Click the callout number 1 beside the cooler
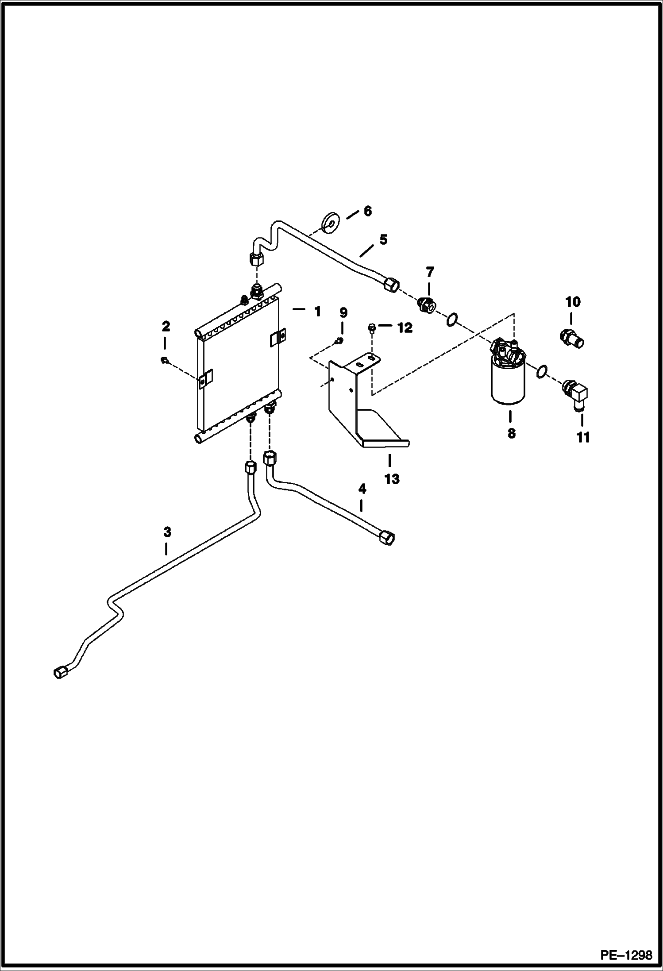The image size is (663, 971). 317,312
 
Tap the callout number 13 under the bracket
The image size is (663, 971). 392,478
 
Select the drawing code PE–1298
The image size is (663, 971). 626,955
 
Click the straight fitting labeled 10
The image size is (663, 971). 570,339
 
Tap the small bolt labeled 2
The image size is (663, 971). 164,360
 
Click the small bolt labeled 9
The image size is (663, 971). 339,340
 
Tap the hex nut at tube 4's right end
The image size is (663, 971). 386,538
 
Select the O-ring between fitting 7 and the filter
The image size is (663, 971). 452,319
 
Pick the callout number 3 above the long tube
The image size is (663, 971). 167,532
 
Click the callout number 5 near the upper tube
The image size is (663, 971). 383,239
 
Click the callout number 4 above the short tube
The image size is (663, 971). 362,489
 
